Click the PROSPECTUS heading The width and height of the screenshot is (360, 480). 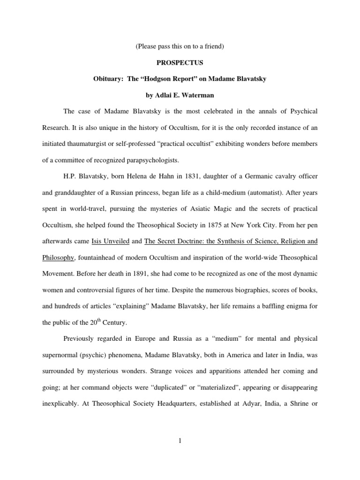coord(180,62)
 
